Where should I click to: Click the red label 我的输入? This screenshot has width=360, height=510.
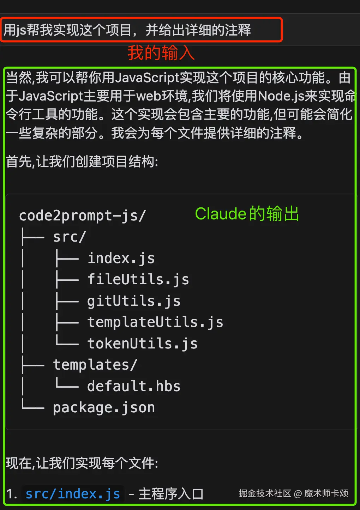(161, 53)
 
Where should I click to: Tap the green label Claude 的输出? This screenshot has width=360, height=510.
(247, 214)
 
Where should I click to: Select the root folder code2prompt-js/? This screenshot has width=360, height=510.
(82, 216)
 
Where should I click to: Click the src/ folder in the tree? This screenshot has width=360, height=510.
(70, 237)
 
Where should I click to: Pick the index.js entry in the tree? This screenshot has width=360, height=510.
(121, 259)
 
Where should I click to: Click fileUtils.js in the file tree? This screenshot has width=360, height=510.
(138, 280)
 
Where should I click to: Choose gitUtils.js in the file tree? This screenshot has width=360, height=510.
(134, 301)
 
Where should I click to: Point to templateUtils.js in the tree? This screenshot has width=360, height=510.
(155, 322)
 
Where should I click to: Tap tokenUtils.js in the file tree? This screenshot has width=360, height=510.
(142, 344)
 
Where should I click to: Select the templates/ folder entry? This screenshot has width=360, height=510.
(95, 365)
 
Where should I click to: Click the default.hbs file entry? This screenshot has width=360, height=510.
(134, 386)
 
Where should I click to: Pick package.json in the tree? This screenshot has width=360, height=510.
(104, 408)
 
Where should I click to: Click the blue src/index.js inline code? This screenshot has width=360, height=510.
(73, 494)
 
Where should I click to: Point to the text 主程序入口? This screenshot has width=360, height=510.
(171, 494)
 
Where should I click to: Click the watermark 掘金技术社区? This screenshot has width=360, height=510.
(265, 493)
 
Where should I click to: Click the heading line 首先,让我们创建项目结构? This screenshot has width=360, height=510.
(82, 162)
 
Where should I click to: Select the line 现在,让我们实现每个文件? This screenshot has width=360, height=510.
(82, 463)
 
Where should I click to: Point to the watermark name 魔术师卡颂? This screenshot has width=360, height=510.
(326, 493)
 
